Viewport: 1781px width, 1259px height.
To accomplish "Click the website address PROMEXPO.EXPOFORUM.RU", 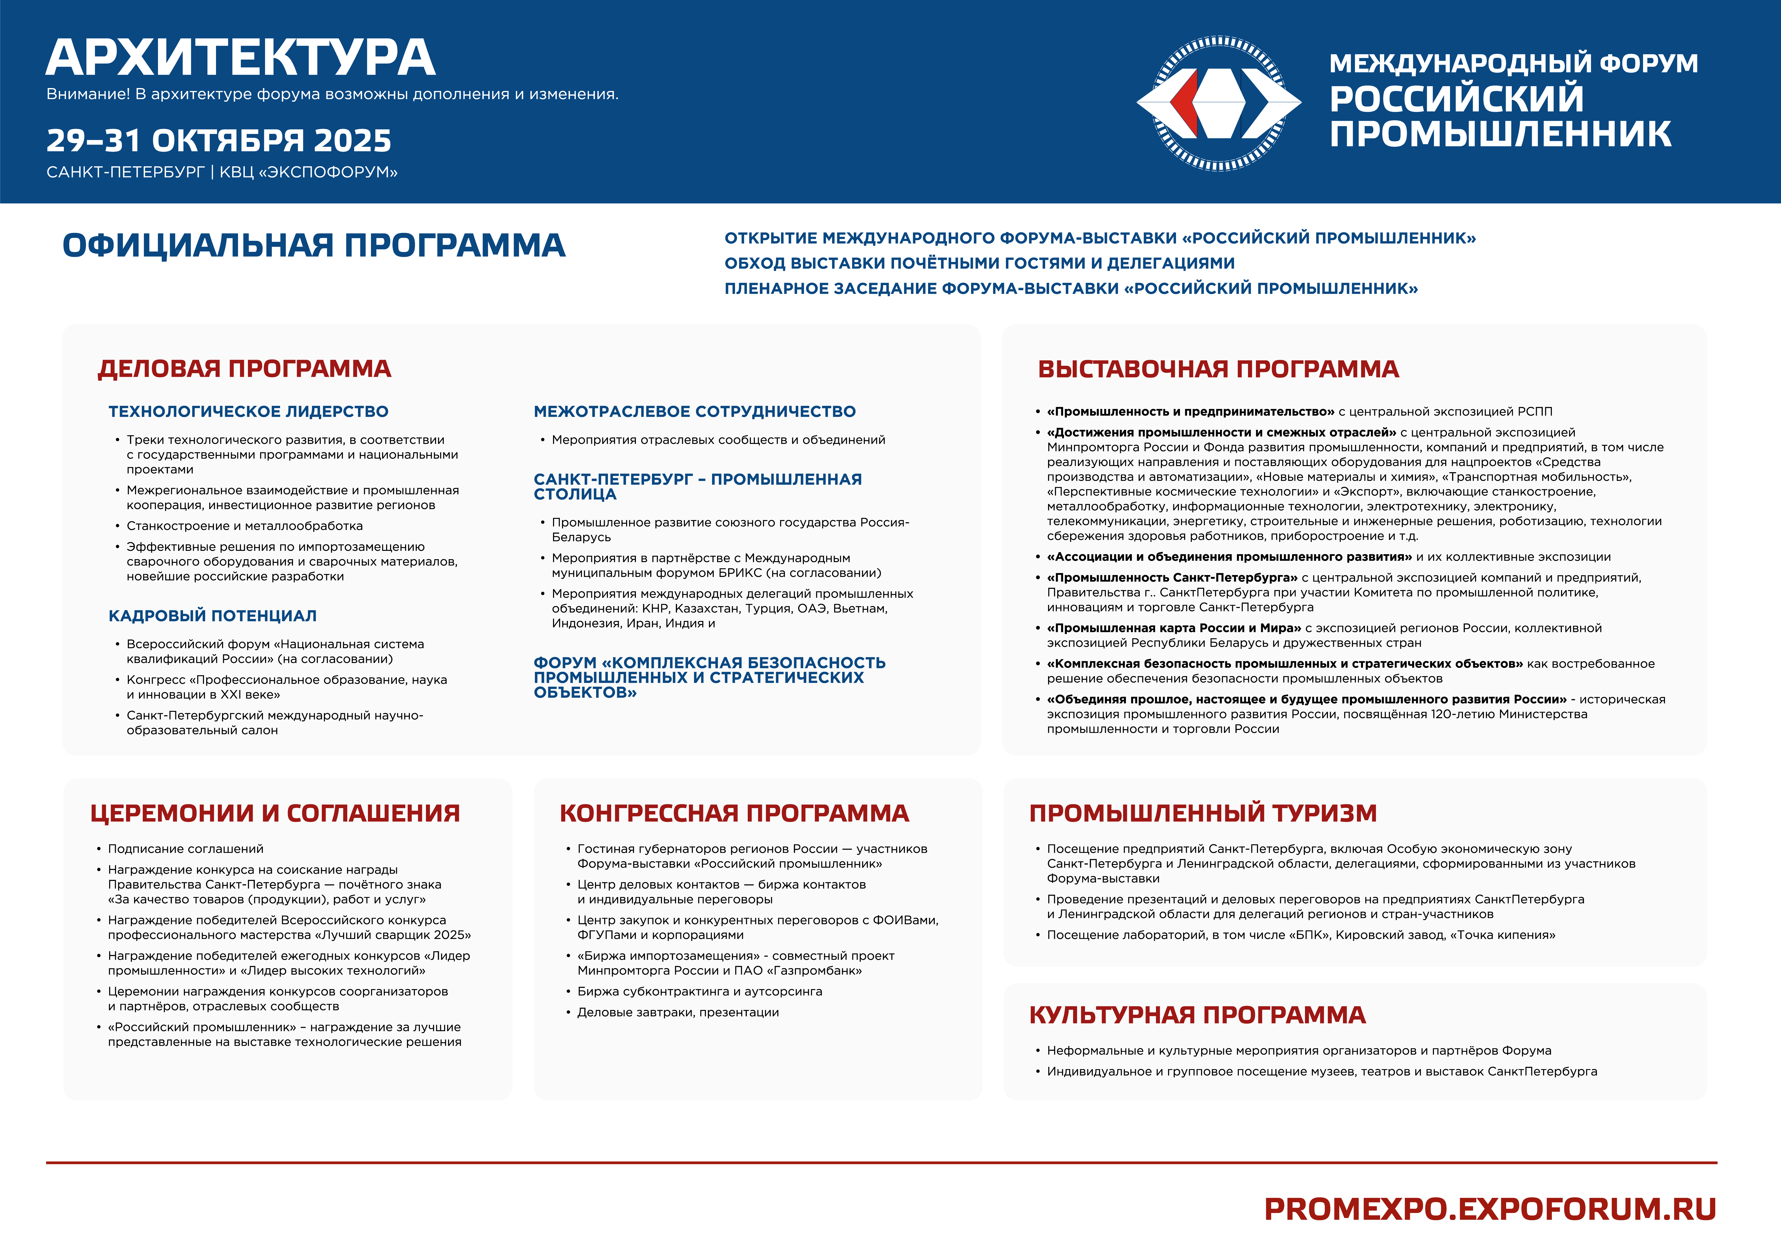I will [x=1489, y=1209].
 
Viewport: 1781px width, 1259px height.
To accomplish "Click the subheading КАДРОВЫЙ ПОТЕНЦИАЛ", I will [x=212, y=616].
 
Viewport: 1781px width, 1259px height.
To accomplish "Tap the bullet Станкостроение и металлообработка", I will [x=244, y=526].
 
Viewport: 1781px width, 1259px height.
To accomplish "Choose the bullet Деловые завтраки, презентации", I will [x=678, y=1012].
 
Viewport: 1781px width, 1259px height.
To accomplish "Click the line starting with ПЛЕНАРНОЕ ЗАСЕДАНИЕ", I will [x=1070, y=289].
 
